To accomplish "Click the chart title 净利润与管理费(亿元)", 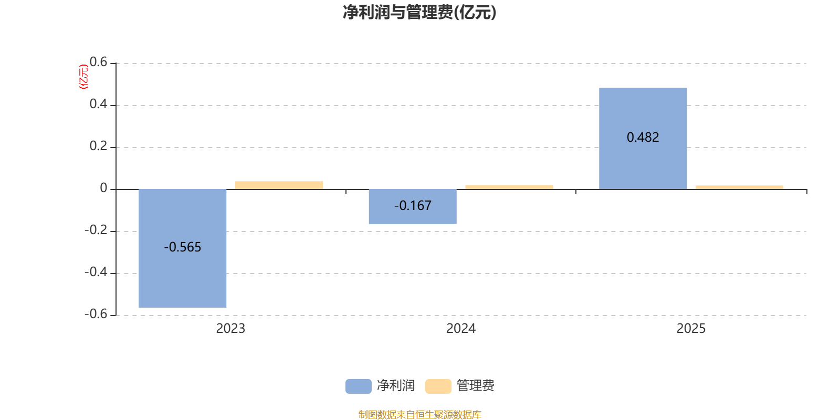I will click(x=419, y=12).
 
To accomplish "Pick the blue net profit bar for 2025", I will click(x=643, y=163).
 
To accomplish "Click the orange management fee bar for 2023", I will click(x=279, y=185).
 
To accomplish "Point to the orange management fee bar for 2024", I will click(x=509, y=187).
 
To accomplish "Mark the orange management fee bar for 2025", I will click(x=739, y=187).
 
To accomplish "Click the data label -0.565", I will click(x=183, y=247).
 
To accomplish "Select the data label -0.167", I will click(x=413, y=206).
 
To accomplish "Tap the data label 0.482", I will click(x=643, y=138).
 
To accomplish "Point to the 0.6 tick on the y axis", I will click(x=98, y=62).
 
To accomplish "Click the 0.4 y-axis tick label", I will click(x=98, y=104).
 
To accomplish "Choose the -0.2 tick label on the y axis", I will click(x=96, y=230).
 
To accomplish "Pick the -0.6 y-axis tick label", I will click(x=96, y=314).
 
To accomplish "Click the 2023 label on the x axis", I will click(x=230, y=329).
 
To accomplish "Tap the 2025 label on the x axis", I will click(x=691, y=329).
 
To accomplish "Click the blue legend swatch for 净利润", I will click(x=358, y=386).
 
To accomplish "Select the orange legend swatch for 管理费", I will click(x=438, y=386).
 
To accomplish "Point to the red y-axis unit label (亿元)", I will click(x=83, y=77).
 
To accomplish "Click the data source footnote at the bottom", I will click(x=419, y=415).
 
